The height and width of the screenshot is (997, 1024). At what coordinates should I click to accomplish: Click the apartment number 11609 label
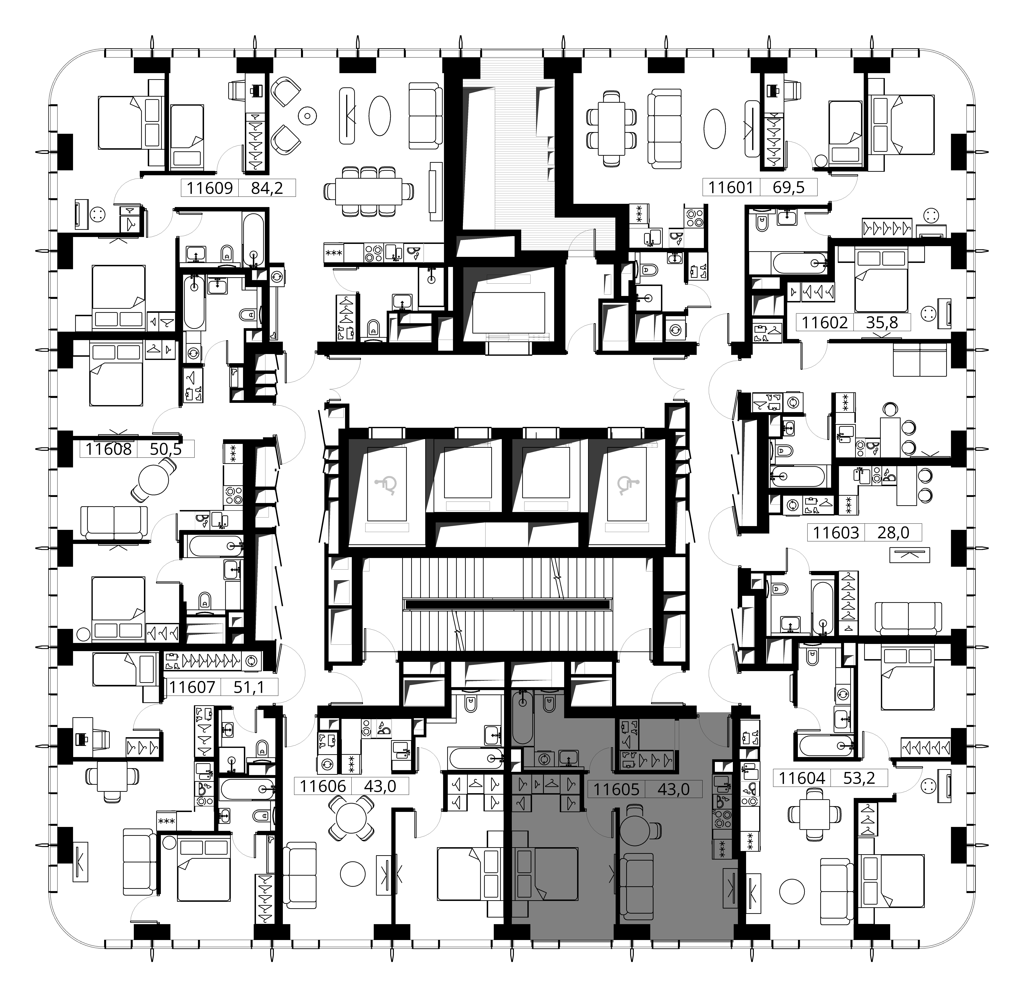[210, 188]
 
